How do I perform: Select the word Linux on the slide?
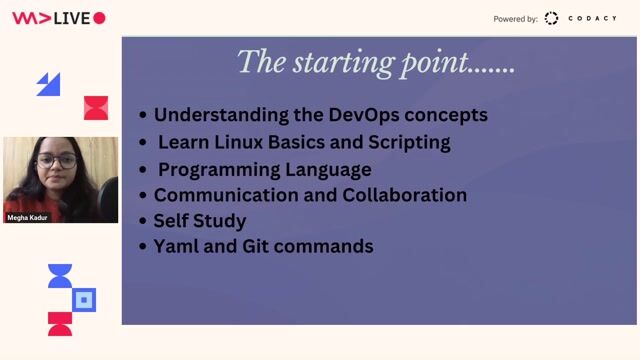[261, 142]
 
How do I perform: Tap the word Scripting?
[409, 142]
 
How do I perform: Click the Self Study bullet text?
[199, 221]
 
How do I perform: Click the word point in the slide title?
[436, 63]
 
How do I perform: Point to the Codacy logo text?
[593, 18]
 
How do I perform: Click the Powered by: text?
[515, 19]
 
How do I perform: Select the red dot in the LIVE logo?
[99, 18]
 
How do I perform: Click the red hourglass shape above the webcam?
[96, 108]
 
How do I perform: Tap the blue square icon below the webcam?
[85, 299]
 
